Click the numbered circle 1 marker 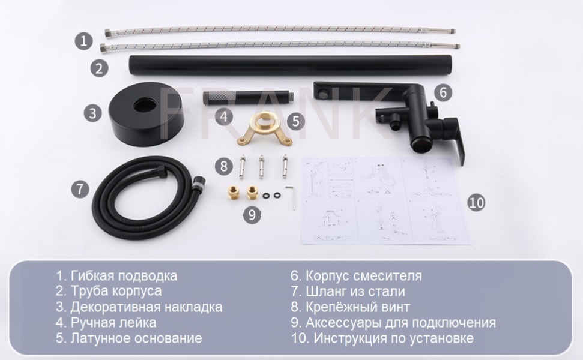tap(83, 40)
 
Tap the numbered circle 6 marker tap(443, 92)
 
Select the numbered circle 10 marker tap(476, 202)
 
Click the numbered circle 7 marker tap(80, 189)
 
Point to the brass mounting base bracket tap(264, 128)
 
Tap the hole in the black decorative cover tap(146, 106)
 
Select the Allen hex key tap(291, 197)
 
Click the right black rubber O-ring tap(277, 195)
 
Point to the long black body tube tap(291, 65)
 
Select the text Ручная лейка tap(113, 322)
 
